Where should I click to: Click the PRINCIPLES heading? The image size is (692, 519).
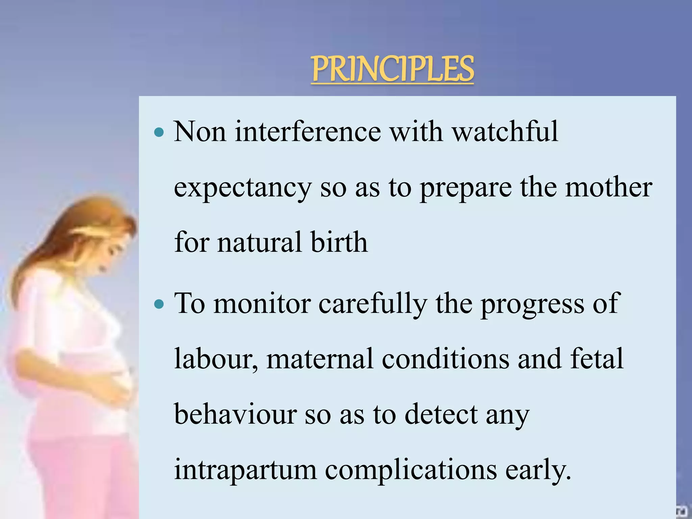[x=392, y=69]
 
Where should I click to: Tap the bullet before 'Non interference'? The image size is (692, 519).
[x=158, y=132]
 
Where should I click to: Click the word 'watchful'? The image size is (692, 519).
[x=505, y=131]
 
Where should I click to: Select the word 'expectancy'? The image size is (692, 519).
[x=242, y=188]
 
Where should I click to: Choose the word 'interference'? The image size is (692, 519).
[x=308, y=131]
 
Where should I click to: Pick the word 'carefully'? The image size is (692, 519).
[x=373, y=304]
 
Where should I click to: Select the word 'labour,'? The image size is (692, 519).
[x=216, y=359]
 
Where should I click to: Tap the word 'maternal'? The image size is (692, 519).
[x=320, y=359]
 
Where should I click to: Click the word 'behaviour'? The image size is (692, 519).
[x=236, y=414]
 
